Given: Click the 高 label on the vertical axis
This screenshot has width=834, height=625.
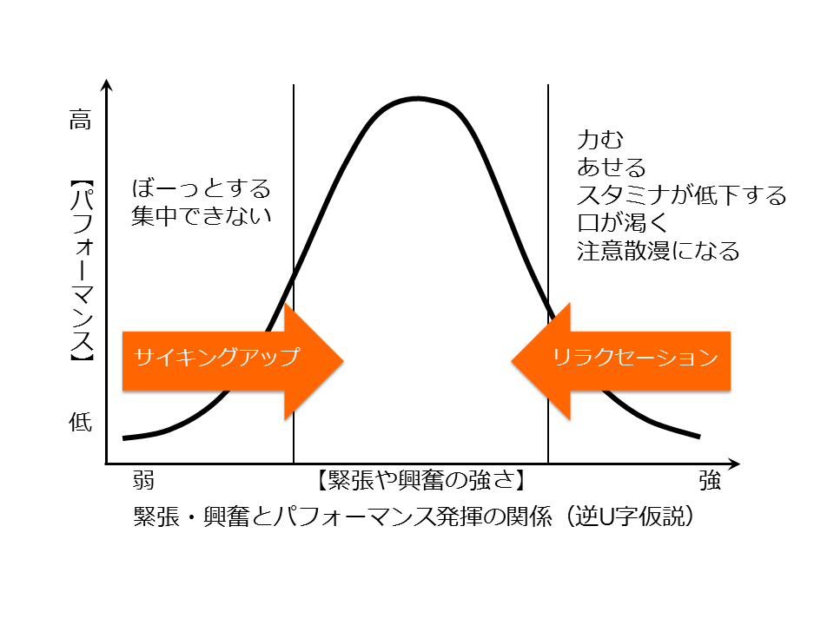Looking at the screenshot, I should (80, 122).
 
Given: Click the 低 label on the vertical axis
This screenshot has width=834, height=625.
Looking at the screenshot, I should (80, 423).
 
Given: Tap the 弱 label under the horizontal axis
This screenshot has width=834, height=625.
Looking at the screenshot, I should (144, 481).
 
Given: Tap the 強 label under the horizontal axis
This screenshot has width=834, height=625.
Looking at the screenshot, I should (709, 481).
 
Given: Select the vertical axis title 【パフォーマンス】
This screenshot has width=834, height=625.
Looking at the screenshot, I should (81, 271).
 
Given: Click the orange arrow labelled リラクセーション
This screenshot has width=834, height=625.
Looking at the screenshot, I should (620, 358).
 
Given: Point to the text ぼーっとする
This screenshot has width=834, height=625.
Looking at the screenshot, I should (202, 188).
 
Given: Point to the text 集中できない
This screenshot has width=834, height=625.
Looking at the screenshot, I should (202, 215).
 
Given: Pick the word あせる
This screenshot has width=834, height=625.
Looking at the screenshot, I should (612, 167).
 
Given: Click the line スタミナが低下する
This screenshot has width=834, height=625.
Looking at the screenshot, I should (682, 194).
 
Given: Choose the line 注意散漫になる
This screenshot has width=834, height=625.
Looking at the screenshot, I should (659, 252).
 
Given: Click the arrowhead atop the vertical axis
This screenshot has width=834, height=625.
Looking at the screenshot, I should (106, 85).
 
